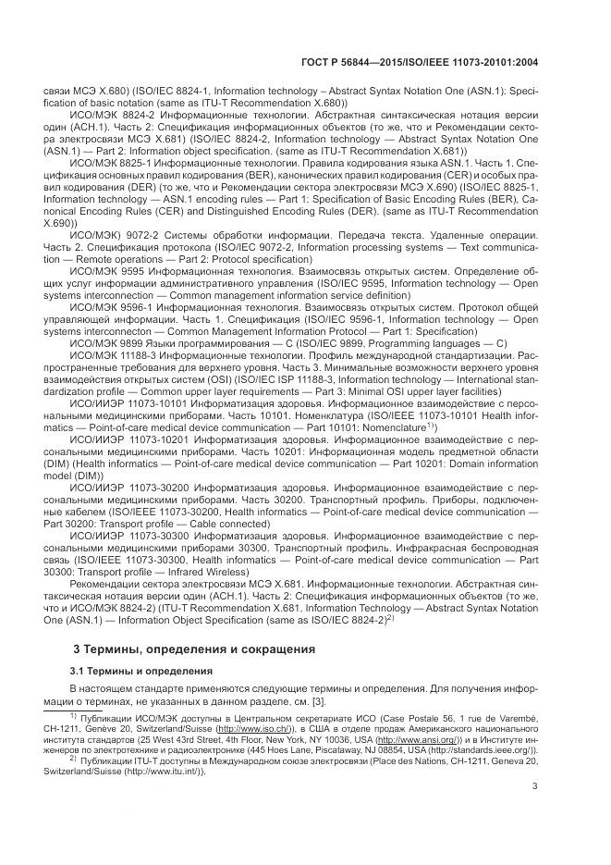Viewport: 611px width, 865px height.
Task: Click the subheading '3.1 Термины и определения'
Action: click(x=136, y=669)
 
